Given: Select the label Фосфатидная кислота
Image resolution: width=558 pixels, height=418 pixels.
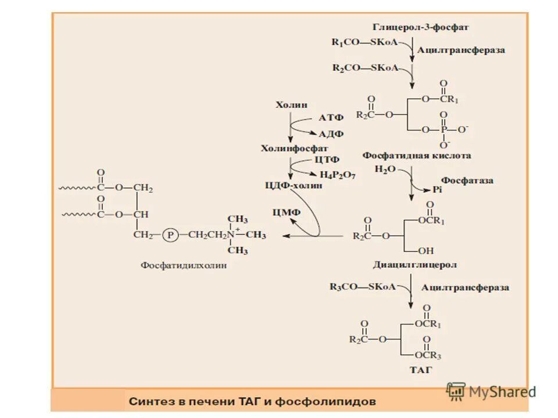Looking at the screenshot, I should [417, 156].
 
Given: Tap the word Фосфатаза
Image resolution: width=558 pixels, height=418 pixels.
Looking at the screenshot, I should [467, 181].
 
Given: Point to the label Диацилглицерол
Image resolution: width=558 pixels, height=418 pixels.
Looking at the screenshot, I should [414, 265].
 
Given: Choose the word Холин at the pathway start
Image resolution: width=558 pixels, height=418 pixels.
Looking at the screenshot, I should [289, 105].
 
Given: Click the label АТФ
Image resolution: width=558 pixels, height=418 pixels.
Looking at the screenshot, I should [331, 118].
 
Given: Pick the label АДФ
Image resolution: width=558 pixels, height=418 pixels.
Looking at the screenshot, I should [331, 134].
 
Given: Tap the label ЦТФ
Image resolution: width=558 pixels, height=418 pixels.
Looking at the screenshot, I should [327, 159].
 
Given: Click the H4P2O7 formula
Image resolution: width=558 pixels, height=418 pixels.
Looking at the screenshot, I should [338, 174].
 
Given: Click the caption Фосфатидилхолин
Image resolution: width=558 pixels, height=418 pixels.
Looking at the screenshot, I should [184, 265].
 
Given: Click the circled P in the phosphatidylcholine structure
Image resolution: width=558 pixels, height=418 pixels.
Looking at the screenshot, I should [171, 235].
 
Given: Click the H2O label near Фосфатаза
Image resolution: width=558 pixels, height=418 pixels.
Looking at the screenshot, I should [385, 169].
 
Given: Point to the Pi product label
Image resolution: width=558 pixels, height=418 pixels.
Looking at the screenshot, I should [438, 189].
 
